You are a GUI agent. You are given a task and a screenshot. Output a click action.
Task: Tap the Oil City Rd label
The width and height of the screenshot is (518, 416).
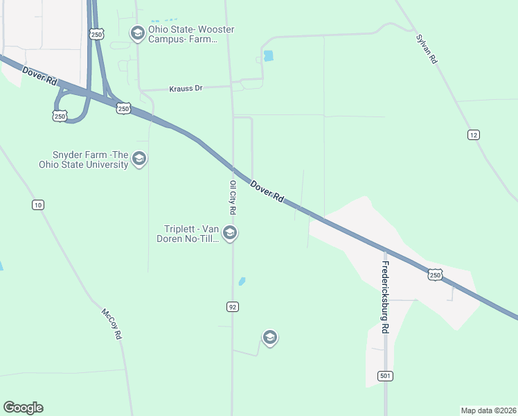233,198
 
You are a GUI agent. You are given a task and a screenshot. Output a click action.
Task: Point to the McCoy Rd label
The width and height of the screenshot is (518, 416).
111,324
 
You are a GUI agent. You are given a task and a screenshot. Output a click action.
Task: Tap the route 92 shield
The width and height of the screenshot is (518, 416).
233,306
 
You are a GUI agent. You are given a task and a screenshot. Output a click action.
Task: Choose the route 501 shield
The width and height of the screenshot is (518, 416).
386,376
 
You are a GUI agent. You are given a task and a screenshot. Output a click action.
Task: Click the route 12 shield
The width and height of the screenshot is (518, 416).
474,135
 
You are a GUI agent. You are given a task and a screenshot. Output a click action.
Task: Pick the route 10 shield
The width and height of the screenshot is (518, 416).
37,205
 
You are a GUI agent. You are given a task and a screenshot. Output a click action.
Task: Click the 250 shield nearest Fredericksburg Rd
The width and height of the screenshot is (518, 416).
434,275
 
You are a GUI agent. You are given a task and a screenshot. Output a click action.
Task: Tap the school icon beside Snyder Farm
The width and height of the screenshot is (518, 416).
139,159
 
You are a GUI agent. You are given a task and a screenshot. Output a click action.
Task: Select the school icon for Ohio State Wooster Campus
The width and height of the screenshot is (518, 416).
137,33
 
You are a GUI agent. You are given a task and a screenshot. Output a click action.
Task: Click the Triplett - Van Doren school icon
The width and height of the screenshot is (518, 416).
231,234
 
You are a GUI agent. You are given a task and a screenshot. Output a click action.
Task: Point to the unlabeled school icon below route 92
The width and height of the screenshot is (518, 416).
269,338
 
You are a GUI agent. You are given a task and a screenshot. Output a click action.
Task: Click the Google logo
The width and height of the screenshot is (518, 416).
23,408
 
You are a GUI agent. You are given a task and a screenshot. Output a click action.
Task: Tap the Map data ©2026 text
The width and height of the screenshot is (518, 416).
488,410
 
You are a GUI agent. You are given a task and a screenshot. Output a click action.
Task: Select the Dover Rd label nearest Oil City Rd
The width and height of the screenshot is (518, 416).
267,191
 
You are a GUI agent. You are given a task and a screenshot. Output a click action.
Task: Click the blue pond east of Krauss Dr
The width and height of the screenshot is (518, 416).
268,55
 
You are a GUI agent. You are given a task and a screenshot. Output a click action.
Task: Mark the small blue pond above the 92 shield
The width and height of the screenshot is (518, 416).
242,281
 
